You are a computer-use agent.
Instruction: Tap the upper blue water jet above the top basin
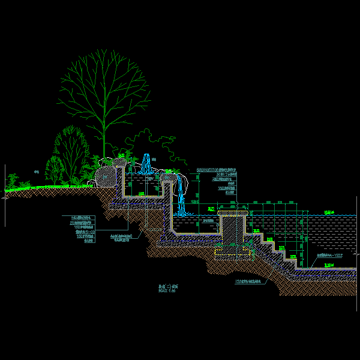(146, 163)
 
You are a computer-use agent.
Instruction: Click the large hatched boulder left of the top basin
(106, 176)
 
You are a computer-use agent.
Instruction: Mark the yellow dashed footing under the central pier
(232, 251)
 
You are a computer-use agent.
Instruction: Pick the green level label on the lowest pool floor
(329, 265)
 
